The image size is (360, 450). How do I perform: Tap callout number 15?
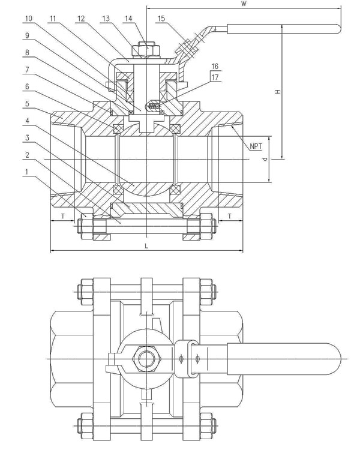161,19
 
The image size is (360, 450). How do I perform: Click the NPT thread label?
256,146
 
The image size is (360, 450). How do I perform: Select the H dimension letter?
277,91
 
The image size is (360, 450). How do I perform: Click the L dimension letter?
146,246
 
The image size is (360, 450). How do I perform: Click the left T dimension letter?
62,215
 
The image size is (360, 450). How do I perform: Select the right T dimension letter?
230,215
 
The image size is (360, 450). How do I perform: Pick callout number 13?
106,19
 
